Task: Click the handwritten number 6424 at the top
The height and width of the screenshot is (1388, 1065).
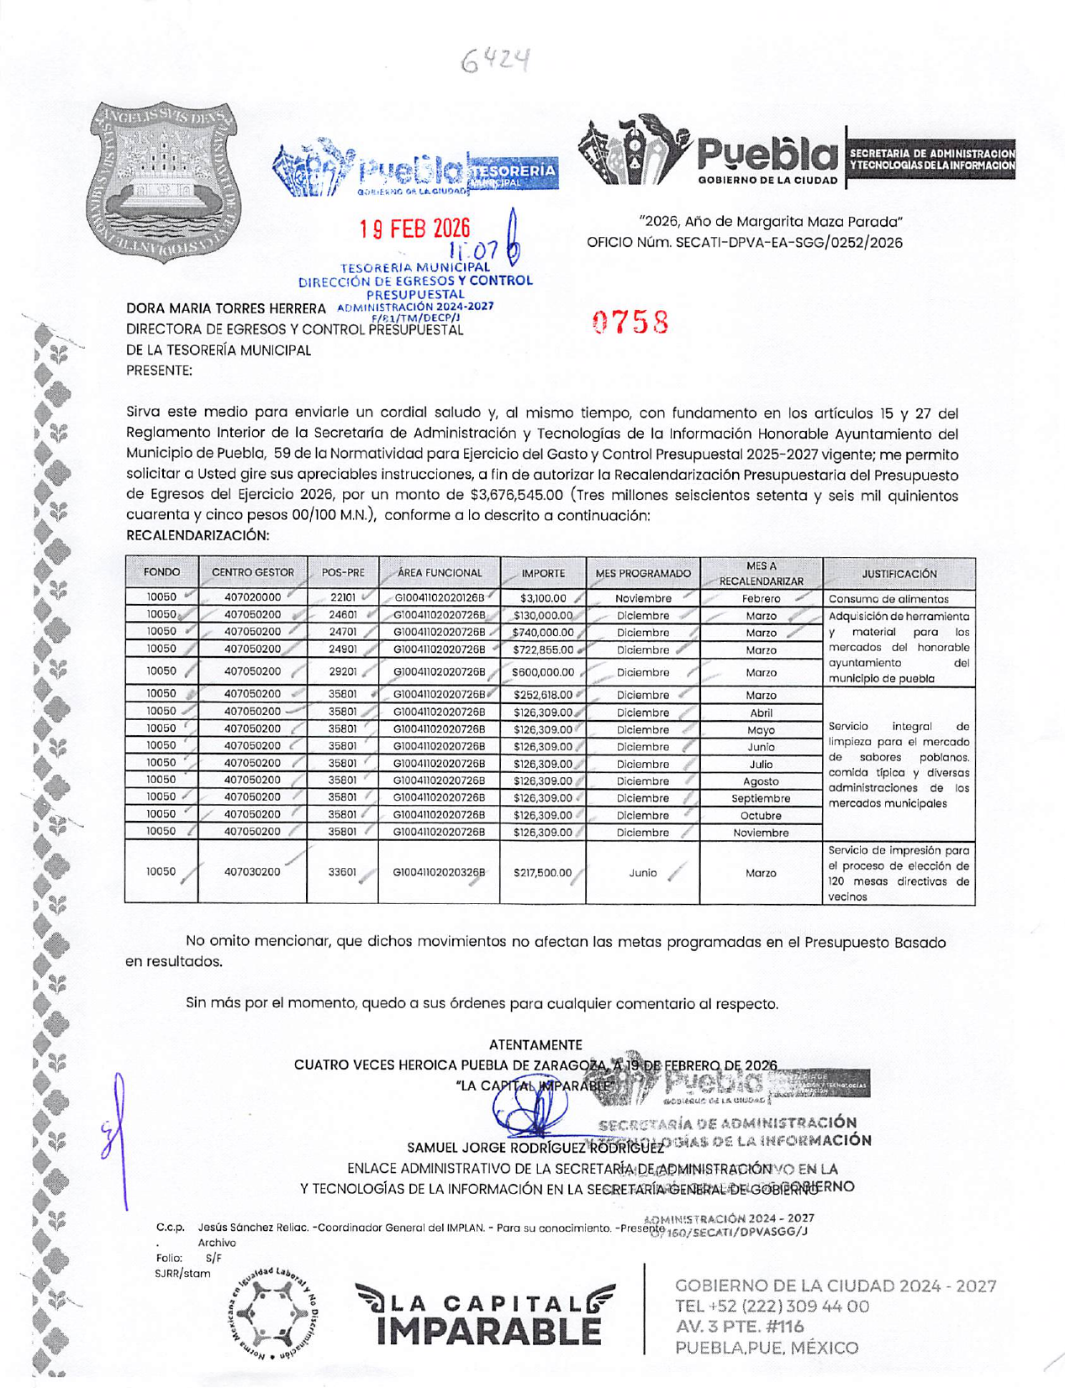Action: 497,60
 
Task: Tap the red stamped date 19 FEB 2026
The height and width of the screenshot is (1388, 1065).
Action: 414,229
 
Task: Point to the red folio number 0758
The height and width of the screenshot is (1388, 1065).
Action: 630,322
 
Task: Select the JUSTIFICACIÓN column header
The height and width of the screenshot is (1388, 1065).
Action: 899,574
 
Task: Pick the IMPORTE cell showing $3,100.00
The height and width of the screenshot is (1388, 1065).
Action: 543,599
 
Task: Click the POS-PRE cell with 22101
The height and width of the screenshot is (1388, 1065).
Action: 343,598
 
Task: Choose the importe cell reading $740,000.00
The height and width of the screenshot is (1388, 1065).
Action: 543,633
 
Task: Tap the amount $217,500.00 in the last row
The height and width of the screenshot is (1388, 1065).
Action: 542,873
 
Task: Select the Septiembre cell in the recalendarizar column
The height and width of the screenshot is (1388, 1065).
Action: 761,798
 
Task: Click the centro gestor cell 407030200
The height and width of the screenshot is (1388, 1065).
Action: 252,872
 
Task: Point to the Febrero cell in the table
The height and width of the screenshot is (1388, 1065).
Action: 761,599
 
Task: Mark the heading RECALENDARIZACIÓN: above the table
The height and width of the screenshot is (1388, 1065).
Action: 198,535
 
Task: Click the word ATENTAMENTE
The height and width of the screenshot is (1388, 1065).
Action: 535,1045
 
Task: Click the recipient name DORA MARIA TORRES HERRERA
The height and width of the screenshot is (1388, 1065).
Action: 225,309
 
